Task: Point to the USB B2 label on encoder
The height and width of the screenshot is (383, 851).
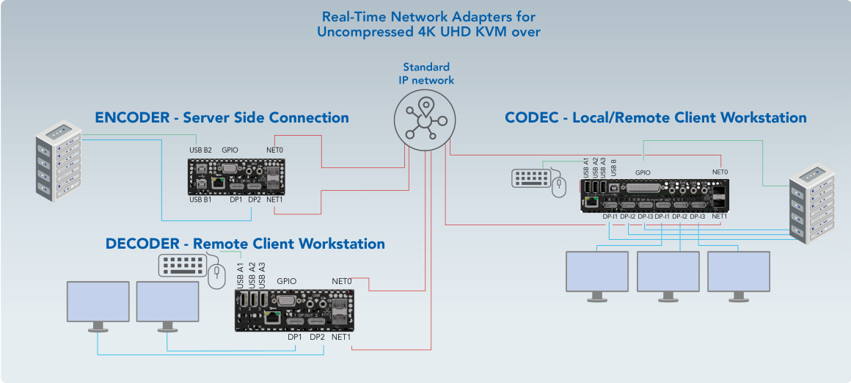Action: pyautogui.click(x=200, y=150)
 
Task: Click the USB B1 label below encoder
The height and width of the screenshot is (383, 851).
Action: pyautogui.click(x=200, y=200)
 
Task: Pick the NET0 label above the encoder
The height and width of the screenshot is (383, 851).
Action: pyautogui.click(x=275, y=150)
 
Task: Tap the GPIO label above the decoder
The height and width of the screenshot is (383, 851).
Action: pyautogui.click(x=287, y=281)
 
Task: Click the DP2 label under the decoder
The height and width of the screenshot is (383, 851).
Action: pyautogui.click(x=317, y=338)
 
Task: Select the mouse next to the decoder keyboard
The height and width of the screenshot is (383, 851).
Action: pyautogui.click(x=215, y=276)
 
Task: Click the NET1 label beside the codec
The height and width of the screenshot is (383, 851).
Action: pyautogui.click(x=719, y=216)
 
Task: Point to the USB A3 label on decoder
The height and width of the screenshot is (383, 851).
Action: pyautogui.click(x=262, y=274)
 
